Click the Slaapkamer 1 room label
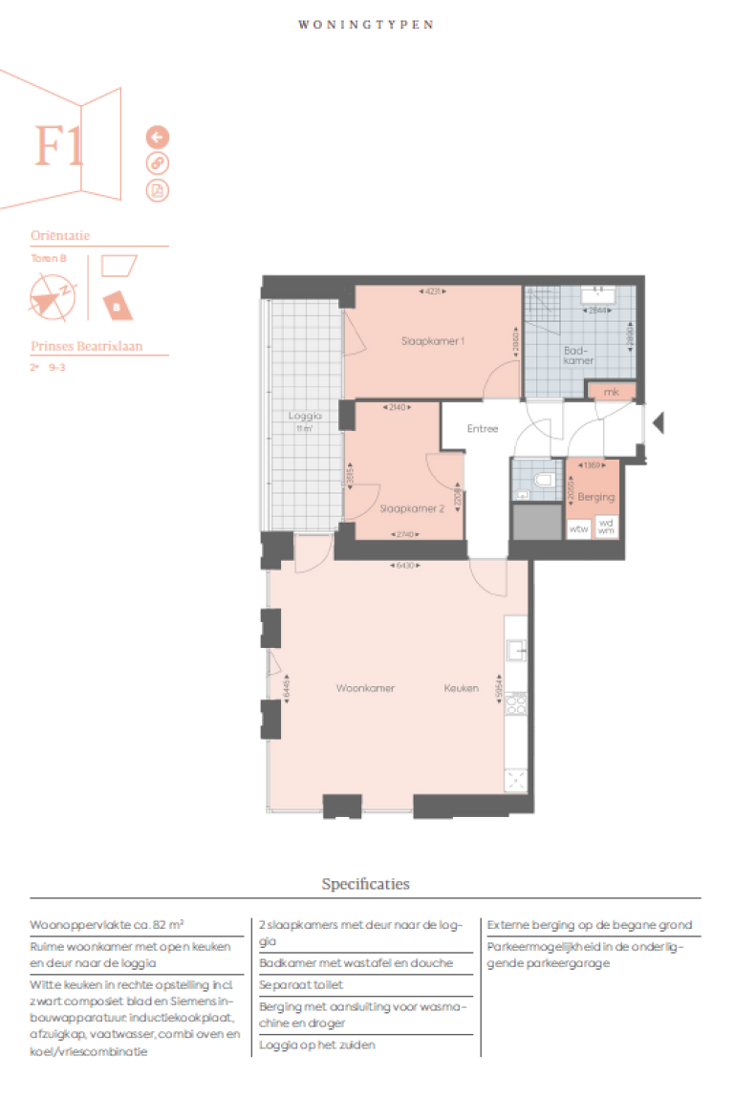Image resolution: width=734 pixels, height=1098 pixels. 431,341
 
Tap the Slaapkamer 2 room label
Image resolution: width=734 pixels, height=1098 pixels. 412,509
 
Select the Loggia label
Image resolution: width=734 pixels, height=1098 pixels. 304,417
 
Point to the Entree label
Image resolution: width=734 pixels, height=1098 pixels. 483,429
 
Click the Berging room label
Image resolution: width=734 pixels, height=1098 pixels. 596,497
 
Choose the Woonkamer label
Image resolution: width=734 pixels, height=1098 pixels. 365,688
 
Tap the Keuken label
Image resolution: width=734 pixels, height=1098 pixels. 461,688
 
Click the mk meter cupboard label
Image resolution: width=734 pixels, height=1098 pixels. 612,392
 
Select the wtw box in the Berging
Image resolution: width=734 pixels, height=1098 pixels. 578,528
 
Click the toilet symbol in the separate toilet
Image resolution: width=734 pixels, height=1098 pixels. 544,478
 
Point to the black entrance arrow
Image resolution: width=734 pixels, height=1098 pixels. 658,421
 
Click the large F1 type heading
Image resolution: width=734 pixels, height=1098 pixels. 59,146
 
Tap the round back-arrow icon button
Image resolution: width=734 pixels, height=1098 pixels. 157,137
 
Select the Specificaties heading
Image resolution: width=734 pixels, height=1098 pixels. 365,884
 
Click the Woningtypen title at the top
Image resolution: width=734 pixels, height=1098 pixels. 365,25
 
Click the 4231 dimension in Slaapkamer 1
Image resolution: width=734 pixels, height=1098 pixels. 431,291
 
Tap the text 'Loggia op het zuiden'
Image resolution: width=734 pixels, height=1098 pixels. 316,1044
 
